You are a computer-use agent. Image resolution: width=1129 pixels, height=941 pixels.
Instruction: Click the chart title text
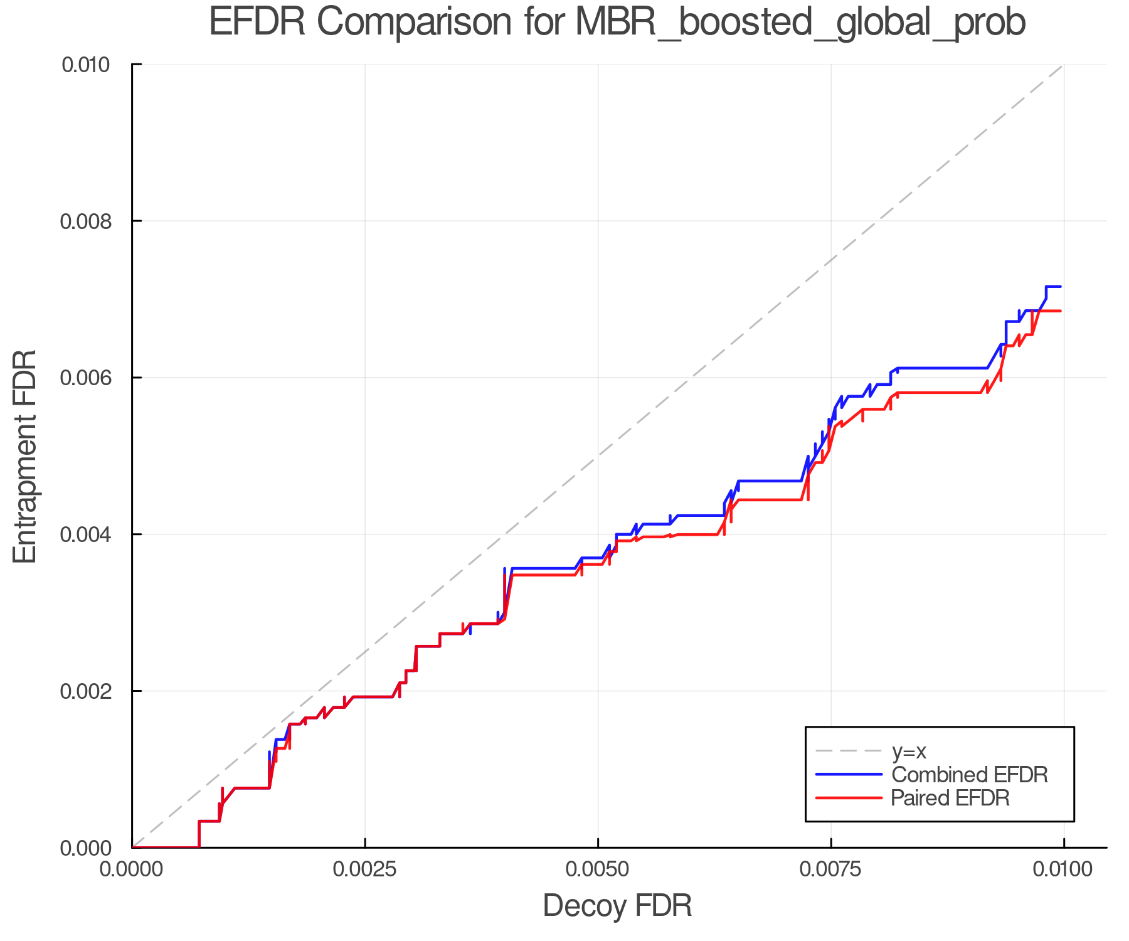pyautogui.click(x=617, y=23)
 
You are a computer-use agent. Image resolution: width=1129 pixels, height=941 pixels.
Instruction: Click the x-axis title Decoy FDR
pyautogui.click(x=617, y=906)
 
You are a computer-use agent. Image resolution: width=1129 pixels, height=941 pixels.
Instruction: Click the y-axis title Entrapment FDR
pyautogui.click(x=26, y=456)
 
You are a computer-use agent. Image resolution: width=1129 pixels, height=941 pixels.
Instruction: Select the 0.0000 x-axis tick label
pyautogui.click(x=132, y=869)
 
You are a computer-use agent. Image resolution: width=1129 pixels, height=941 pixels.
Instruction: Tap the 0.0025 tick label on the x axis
pyautogui.click(x=365, y=869)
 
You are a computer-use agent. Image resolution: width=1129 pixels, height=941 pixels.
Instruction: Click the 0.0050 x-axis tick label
pyautogui.click(x=598, y=869)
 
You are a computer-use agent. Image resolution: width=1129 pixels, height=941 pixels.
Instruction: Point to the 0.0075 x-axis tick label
pyautogui.click(x=831, y=869)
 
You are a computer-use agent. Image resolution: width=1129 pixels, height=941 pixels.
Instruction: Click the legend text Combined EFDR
pyautogui.click(x=970, y=775)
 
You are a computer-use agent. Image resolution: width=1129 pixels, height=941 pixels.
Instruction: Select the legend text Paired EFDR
pyautogui.click(x=951, y=798)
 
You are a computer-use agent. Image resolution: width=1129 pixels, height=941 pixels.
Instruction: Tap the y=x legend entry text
pyautogui.click(x=909, y=751)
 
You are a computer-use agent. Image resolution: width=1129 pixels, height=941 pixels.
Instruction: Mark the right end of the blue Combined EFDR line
pyautogui.click(x=1060, y=287)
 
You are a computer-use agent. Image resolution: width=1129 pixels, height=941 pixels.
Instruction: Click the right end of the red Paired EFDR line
pyautogui.click(x=1060, y=311)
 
